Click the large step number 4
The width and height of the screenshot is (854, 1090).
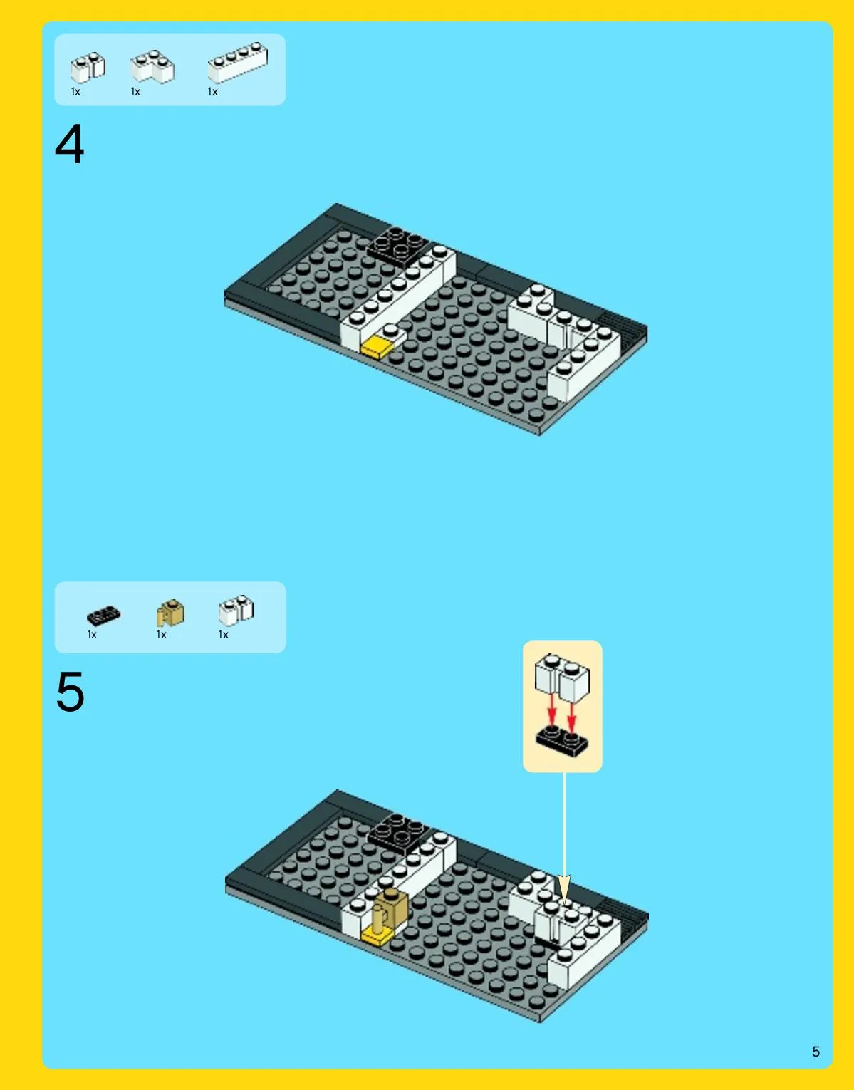click(x=70, y=145)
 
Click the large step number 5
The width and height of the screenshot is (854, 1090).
click(x=71, y=692)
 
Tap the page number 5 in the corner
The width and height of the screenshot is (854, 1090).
click(x=816, y=1052)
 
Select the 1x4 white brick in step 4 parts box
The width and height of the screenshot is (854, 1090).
click(x=238, y=63)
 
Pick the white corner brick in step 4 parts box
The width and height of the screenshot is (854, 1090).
click(x=152, y=66)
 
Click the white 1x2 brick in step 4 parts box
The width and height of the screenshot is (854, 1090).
click(x=88, y=67)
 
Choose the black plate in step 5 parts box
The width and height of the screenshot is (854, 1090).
click(x=103, y=616)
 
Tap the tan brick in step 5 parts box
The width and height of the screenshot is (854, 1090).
click(x=170, y=613)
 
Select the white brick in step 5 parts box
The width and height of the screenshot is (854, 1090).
click(x=236, y=611)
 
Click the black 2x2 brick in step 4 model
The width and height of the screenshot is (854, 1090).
click(x=398, y=246)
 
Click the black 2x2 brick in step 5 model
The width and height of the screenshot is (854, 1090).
click(x=399, y=834)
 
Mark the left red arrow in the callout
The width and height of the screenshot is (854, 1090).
click(x=551, y=710)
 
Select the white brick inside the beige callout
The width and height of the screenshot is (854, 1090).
click(x=562, y=678)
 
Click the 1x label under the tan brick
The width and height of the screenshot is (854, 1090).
click(x=161, y=635)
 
